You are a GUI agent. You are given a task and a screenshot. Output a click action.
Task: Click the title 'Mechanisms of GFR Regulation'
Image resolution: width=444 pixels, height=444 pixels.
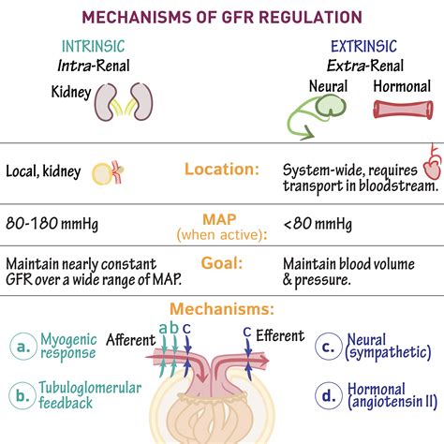[x=221, y=17]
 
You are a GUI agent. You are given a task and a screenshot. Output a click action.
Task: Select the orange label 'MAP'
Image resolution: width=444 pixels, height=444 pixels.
[x=221, y=217]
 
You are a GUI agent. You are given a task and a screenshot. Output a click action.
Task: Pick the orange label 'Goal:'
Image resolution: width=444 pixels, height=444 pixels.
[x=221, y=264]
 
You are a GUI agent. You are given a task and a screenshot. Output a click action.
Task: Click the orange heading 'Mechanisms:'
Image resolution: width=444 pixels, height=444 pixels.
[x=221, y=308]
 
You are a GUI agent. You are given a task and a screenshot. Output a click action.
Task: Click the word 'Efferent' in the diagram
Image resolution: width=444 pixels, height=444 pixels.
[x=281, y=335]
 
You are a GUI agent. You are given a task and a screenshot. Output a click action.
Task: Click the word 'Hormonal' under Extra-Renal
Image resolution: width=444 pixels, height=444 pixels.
[x=403, y=85]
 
